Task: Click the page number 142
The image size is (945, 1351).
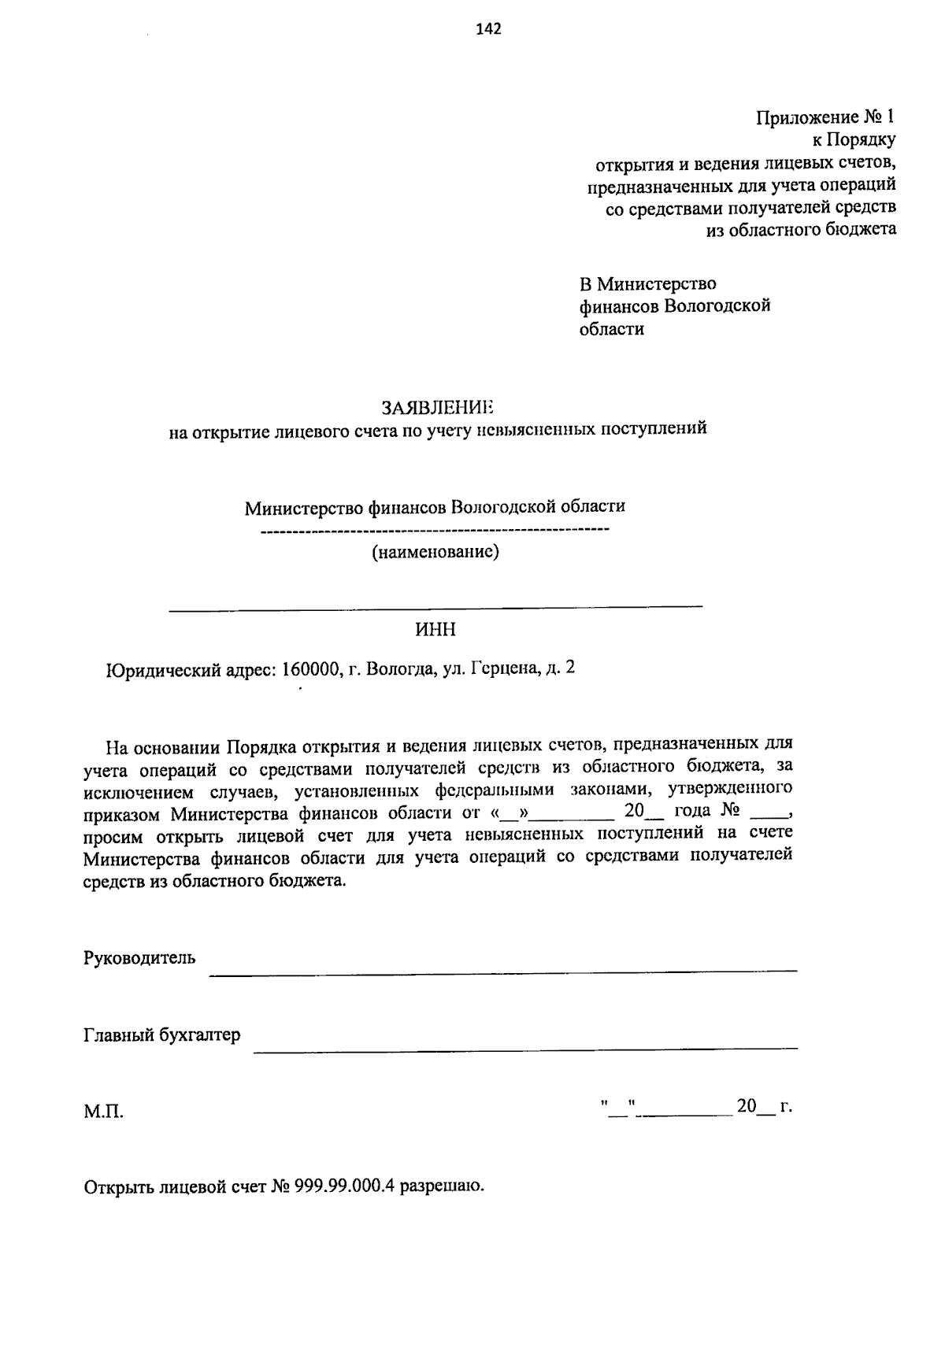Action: pyautogui.click(x=489, y=30)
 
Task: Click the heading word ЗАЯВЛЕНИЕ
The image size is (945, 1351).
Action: pyautogui.click(x=437, y=407)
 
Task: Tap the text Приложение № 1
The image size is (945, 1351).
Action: pyautogui.click(x=825, y=118)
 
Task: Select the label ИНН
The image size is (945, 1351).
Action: pyautogui.click(x=435, y=630)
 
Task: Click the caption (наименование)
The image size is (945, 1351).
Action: pyautogui.click(x=435, y=552)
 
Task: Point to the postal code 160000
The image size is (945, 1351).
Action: pyautogui.click(x=310, y=669)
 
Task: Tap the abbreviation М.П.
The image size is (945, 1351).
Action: pyautogui.click(x=103, y=1112)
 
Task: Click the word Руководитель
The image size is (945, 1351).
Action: pyautogui.click(x=139, y=958)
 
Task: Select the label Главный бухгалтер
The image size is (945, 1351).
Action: pyautogui.click(x=161, y=1035)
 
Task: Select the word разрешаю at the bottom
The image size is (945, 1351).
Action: pyautogui.click(x=442, y=1186)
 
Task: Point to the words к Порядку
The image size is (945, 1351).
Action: pyautogui.click(x=854, y=140)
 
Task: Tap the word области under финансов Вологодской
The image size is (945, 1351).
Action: pyautogui.click(x=612, y=329)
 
